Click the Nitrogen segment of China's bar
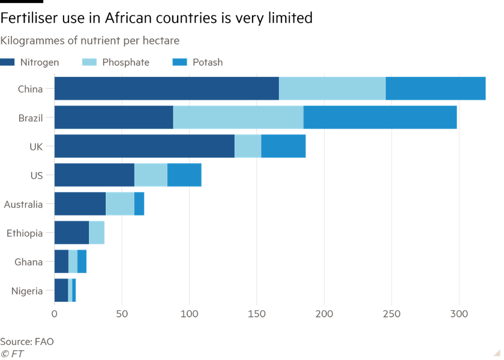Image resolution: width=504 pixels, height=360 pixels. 167,89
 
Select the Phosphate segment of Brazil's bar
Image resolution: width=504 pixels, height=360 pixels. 238,118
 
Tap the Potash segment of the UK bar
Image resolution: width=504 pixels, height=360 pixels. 283,146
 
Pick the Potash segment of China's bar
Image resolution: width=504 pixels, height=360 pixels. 436,89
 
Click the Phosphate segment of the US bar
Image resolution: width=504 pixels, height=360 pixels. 151,175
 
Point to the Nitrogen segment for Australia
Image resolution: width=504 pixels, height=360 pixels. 80,204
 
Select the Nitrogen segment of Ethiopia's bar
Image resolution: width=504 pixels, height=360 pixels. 71,233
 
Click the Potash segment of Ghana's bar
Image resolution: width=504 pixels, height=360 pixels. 82,262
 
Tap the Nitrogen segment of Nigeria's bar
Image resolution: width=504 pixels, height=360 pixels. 61,290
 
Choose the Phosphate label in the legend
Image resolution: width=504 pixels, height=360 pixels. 125,62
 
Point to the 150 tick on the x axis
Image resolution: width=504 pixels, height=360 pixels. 257,314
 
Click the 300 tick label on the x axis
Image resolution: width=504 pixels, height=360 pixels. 458,314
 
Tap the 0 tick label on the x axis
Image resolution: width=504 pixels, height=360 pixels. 55,314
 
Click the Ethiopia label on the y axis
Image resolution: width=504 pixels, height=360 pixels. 25,233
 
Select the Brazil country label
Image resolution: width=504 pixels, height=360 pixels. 30,118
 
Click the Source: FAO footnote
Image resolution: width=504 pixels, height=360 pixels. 27,341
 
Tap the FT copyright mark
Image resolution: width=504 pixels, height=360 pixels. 13,353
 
